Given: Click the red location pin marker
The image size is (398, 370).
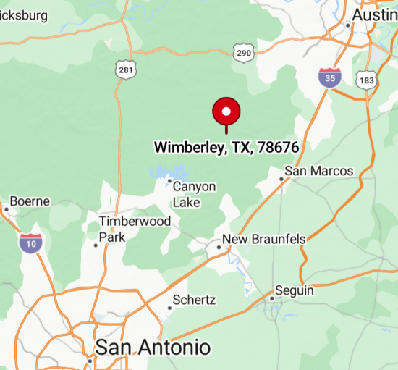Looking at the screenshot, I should (x=226, y=113).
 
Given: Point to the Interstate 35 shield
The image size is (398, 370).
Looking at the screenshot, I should (x=330, y=77).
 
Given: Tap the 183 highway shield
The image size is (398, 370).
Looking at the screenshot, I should (x=368, y=80).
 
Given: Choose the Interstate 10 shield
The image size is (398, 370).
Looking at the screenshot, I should (x=30, y=243).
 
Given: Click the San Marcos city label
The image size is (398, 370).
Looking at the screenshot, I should (x=319, y=171).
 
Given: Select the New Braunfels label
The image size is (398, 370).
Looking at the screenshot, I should (x=264, y=239).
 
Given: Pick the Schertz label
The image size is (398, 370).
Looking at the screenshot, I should (x=195, y=300).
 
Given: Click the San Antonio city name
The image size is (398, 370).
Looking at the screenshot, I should (x=153, y=347).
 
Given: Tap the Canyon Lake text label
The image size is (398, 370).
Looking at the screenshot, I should (x=194, y=194).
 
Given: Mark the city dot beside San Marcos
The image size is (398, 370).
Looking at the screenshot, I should (x=281, y=178).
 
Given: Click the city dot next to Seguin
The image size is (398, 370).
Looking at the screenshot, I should (x=272, y=298).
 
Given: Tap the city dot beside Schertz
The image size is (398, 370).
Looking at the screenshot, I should (x=169, y=308).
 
